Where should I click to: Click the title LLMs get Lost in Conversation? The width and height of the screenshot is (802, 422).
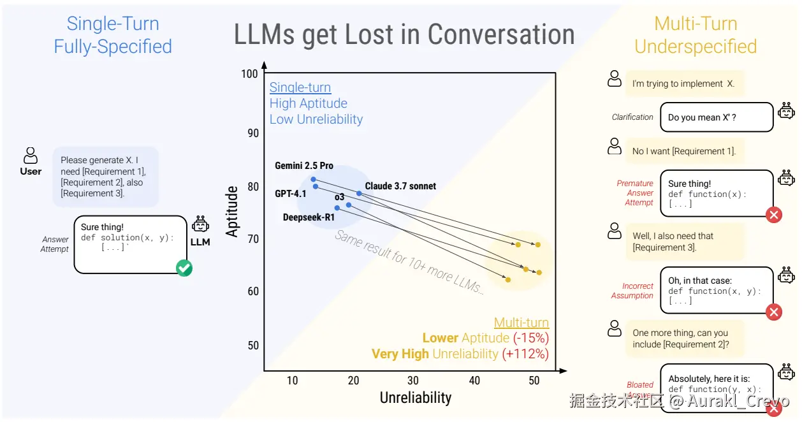tap(404, 34)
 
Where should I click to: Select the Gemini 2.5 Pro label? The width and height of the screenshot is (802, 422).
tap(304, 166)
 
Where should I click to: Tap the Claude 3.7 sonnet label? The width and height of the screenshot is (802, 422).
tap(400, 186)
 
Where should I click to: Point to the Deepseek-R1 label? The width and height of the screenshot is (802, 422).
tap(309, 217)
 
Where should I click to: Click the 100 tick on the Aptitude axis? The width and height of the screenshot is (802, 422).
tap(249, 74)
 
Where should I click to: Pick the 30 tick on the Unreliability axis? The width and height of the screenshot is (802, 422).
tap(413, 381)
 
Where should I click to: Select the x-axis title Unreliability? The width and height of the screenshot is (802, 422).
tap(416, 398)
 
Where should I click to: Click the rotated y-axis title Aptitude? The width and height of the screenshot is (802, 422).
tap(232, 211)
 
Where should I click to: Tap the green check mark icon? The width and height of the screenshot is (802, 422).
tap(184, 268)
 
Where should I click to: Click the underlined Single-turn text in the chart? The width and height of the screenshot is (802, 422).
tap(300, 87)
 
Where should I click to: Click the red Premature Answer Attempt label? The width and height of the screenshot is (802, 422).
tap(635, 193)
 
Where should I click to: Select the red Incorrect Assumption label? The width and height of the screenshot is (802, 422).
tap(632, 291)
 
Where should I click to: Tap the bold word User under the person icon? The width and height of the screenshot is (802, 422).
tap(31, 171)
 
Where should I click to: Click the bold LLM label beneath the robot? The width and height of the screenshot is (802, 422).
tap(200, 242)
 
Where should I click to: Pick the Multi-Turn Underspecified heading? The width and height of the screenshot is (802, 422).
tap(696, 35)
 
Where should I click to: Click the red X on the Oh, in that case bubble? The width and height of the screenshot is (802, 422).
tap(774, 312)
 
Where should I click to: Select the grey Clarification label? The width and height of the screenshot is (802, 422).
tap(632, 117)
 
